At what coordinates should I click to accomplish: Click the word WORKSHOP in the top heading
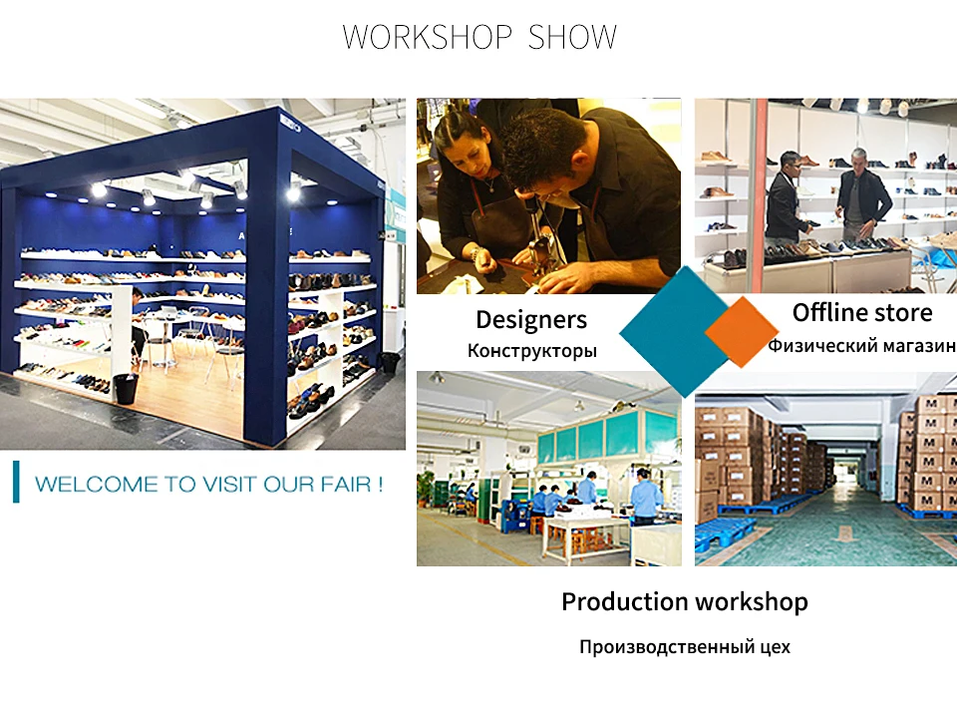click(428, 37)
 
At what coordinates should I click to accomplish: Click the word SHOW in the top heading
click(572, 37)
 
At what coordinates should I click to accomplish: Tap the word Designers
click(531, 319)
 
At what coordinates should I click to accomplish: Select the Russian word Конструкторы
click(531, 351)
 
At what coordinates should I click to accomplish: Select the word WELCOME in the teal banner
click(97, 485)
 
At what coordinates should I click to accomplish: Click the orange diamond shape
click(741, 332)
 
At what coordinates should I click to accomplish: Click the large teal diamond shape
click(671, 332)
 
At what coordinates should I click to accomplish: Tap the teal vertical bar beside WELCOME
click(16, 482)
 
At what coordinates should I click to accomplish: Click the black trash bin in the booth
click(127, 389)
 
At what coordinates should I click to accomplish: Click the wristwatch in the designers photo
click(475, 253)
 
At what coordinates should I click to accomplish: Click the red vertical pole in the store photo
click(759, 194)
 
